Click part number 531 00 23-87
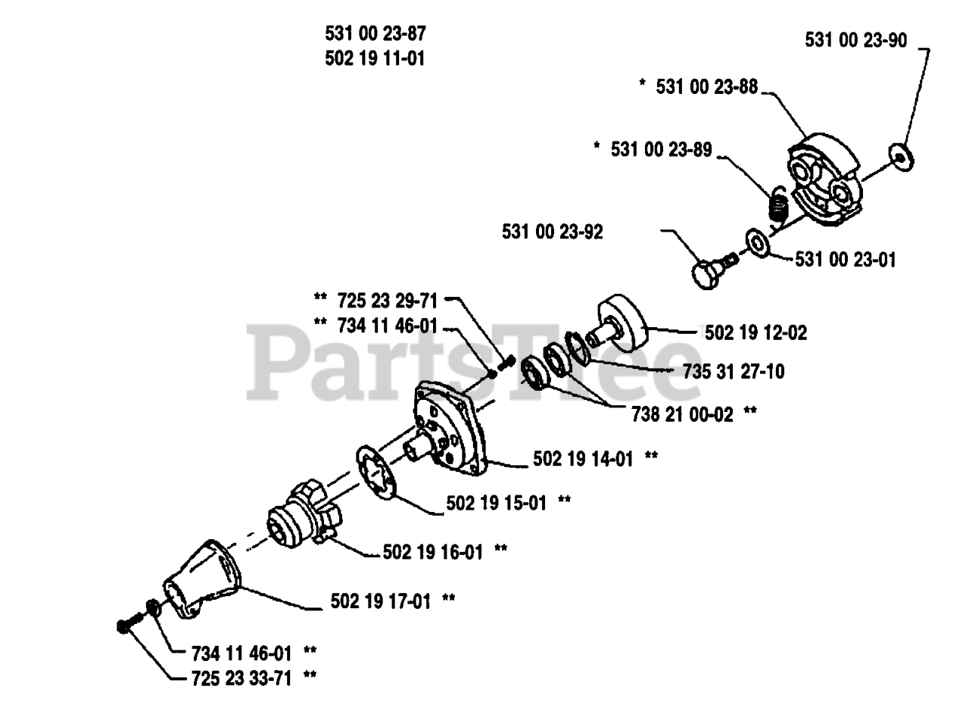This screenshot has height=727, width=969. coord(375,33)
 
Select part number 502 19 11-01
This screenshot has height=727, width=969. coord(375,58)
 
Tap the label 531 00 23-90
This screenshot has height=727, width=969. coord(855,40)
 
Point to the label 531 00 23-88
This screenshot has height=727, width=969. coord(707,87)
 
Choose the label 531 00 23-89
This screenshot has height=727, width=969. coord(662,149)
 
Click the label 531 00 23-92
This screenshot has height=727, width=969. coord(553,232)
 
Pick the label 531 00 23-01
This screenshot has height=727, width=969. coord(846,260)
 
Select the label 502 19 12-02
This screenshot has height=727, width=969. coord(756,332)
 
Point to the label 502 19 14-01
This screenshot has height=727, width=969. coord(584,458)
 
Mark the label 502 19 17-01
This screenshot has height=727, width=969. coord(381,601)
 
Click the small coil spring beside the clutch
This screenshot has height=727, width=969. coord(776,204)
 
